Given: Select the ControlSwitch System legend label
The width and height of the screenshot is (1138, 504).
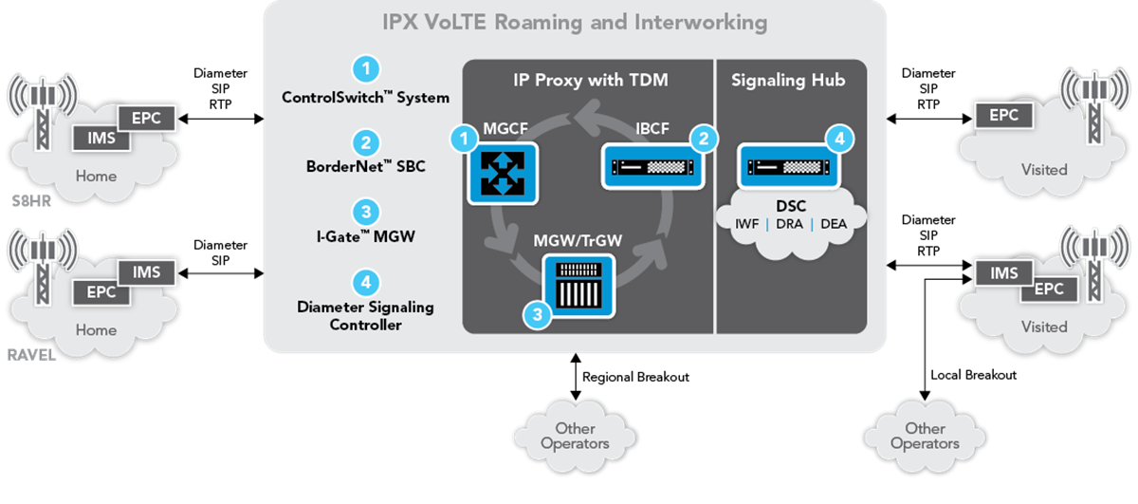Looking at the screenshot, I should coord(365,98).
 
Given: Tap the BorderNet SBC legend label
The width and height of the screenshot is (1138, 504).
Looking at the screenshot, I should coord(365,168).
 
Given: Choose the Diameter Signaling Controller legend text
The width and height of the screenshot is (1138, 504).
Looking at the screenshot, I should coord(365,315).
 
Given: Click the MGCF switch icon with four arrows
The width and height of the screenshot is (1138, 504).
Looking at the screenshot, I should coord(503,173).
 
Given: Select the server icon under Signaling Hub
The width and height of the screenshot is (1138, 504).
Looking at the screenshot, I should coord(790,168).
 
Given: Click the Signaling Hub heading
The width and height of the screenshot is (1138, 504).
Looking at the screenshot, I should coord(788,81).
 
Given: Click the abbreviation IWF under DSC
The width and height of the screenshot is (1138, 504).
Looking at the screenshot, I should coord(748,224).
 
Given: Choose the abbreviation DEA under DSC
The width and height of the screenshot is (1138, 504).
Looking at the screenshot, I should coord(833,224).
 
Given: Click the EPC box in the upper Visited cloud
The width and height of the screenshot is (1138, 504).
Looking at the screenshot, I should coord(1003,116).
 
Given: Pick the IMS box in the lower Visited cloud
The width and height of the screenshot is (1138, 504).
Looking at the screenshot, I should coord(1003,273).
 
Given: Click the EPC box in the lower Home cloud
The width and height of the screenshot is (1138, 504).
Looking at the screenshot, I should coord(101,292).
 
